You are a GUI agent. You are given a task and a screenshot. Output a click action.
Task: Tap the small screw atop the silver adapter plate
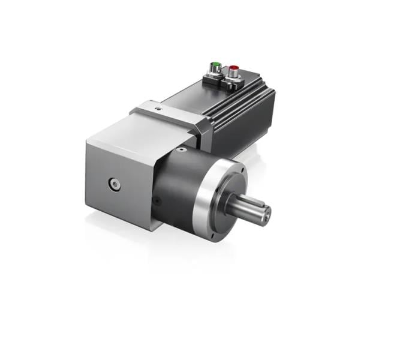point(158,110)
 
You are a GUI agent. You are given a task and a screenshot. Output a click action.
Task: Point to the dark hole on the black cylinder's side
point(157,202)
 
